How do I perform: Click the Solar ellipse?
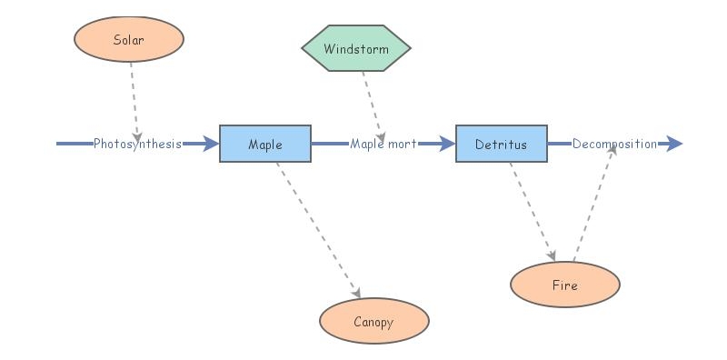pyautogui.click(x=128, y=39)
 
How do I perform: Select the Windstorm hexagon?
pyautogui.click(x=356, y=48)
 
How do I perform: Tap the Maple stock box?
pyautogui.click(x=265, y=144)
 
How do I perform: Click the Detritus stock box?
pyautogui.click(x=502, y=144)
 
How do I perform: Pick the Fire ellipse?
pyautogui.click(x=564, y=285)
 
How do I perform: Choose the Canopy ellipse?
pyautogui.click(x=373, y=321)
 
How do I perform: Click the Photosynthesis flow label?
pyautogui.click(x=137, y=144)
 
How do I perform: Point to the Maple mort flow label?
pyautogui.click(x=383, y=144)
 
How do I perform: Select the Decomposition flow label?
pyautogui.click(x=614, y=144)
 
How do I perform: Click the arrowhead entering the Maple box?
pyautogui.click(x=211, y=144)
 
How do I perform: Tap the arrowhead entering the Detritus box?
pyautogui.click(x=447, y=144)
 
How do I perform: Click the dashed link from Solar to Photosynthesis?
pyautogui.click(x=134, y=95)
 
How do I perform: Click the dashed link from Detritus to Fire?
pyautogui.click(x=531, y=209)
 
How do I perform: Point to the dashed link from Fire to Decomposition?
pyautogui.click(x=594, y=204)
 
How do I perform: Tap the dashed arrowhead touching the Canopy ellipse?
pyautogui.click(x=357, y=293)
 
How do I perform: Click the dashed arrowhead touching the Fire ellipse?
pyautogui.click(x=552, y=256)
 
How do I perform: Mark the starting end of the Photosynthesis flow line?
pyautogui.click(x=58, y=144)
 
